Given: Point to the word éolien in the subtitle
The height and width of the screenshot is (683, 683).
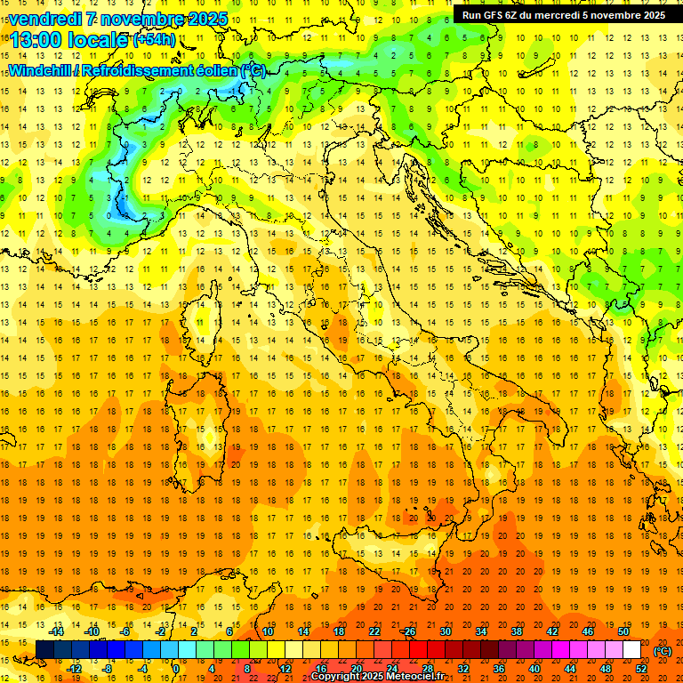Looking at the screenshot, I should (x=213, y=70).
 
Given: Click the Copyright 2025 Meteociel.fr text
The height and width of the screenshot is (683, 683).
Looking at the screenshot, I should (x=390, y=677).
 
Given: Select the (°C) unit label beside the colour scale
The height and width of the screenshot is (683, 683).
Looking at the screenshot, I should (x=663, y=651).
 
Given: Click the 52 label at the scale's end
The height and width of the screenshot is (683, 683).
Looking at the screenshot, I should (x=641, y=668).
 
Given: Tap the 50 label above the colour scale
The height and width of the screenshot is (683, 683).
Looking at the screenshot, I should (x=623, y=631).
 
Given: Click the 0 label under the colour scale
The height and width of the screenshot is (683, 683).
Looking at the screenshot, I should (x=176, y=668).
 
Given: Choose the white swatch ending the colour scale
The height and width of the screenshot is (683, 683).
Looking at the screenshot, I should (x=631, y=650).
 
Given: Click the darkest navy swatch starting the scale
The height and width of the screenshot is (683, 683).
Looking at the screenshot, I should (x=44, y=650).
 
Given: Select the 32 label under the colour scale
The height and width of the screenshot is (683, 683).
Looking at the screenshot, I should (x=463, y=668).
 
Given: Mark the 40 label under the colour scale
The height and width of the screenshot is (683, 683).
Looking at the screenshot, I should (x=534, y=668).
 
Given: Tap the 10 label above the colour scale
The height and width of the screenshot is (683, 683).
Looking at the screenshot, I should (x=268, y=631).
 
